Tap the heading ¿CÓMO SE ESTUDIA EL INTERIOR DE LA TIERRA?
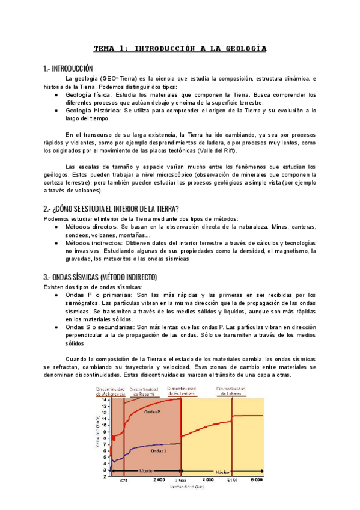112,208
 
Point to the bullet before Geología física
56,95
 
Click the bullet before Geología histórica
56,111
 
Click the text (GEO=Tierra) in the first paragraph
118,79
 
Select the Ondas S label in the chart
158,450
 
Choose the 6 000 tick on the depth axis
257,480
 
